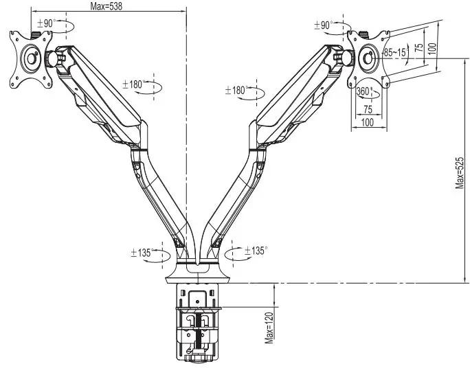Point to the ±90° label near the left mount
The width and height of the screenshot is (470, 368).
coord(45,23)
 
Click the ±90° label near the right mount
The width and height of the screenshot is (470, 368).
coord(323,25)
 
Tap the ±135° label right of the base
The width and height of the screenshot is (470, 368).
coord(253,251)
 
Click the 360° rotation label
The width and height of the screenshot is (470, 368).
coord(364,91)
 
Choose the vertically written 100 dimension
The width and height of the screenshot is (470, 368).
coord(431,49)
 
